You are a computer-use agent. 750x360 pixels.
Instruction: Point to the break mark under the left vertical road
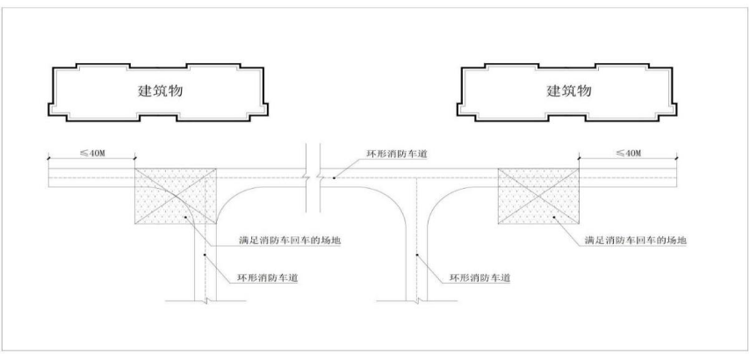click(205, 300)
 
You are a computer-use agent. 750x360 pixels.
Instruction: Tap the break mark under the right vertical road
click(418, 300)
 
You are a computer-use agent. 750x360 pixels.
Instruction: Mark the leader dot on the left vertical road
click(206, 256)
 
